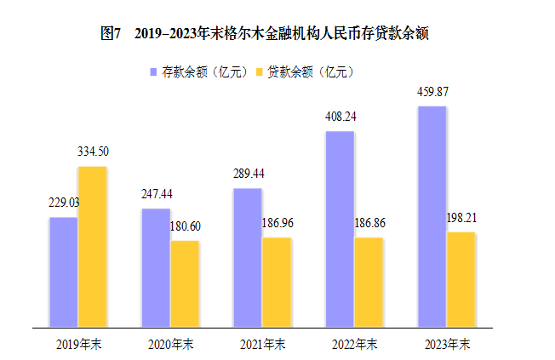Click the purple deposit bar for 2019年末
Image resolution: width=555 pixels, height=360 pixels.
pyautogui.click(x=63, y=271)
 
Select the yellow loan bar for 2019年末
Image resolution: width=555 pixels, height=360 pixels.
pyautogui.click(x=92, y=246)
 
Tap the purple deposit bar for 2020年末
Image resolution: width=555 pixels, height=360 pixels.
pyautogui.click(x=155, y=267)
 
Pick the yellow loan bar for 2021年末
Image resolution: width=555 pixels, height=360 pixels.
pyautogui.click(x=277, y=282)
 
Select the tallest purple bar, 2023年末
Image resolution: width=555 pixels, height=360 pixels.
pyautogui.click(x=432, y=216)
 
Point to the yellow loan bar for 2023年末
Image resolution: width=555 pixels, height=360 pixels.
pyautogui.click(x=461, y=279)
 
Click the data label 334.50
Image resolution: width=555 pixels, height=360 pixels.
pyautogui.click(x=93, y=151)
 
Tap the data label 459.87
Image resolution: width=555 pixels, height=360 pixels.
pyautogui.click(x=432, y=91)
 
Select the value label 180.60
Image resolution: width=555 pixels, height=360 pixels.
pyautogui.click(x=185, y=226)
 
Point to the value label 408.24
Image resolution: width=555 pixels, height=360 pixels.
pyautogui.click(x=339, y=117)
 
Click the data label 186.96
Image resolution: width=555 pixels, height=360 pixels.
pyautogui.click(x=277, y=223)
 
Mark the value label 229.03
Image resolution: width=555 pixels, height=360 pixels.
pyautogui.click(x=63, y=203)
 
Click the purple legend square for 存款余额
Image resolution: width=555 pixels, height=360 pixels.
pyautogui.click(x=154, y=71)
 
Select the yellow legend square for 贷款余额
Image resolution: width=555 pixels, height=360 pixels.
pyautogui.click(x=260, y=71)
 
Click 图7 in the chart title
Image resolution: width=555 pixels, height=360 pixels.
pyautogui.click(x=112, y=33)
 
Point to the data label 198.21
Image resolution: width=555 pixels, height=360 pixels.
pyautogui.click(x=461, y=218)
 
